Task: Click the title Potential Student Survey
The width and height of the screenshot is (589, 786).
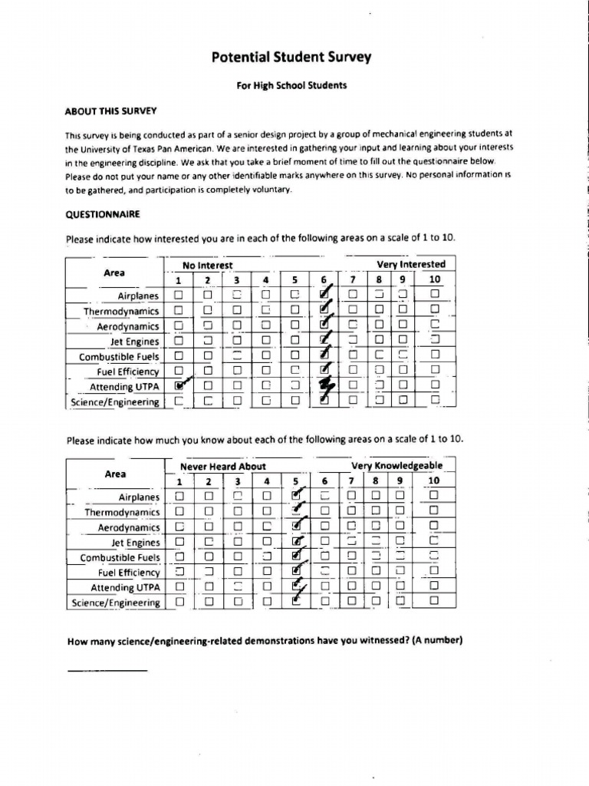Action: [291, 58]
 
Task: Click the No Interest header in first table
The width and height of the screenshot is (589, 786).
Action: [207, 265]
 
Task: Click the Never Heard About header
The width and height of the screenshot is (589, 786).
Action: [222, 466]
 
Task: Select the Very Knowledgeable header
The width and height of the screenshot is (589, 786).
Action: [397, 466]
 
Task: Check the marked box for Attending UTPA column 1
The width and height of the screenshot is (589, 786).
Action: [179, 385]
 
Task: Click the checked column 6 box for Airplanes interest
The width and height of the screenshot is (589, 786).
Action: [324, 295]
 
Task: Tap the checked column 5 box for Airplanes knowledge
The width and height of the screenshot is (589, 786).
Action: [297, 497]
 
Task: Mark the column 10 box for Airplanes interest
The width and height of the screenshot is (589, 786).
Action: [435, 295]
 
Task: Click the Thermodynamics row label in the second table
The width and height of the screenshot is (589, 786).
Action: [122, 512]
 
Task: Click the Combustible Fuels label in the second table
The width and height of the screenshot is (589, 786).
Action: [120, 557]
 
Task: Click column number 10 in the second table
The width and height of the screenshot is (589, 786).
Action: [434, 481]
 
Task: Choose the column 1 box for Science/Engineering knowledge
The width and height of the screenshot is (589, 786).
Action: [179, 603]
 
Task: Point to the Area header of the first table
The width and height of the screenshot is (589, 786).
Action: [115, 272]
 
